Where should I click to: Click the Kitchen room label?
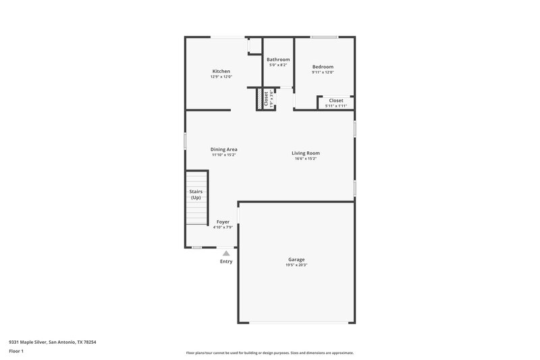coord(221,71)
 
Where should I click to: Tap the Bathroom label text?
coord(278,59)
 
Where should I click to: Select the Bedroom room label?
coord(323,67)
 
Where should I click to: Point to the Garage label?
coord(296,259)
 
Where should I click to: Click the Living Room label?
coord(305,153)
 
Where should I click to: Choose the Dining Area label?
coord(223,149)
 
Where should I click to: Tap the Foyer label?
coord(223,222)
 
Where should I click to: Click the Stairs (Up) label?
coord(196,195)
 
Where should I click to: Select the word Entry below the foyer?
coord(226,261)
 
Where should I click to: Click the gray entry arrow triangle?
coord(226,253)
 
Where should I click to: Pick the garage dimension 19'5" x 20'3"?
coord(296,265)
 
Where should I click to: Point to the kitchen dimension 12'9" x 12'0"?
coord(221,77)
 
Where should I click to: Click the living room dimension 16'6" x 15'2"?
coord(305,159)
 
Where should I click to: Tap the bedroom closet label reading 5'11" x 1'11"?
coord(335,106)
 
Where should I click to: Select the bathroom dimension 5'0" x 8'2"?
coord(278,66)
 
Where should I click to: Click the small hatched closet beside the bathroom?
coord(260,100)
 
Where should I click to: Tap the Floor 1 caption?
coord(16,352)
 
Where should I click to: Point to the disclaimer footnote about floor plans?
coord(269,353)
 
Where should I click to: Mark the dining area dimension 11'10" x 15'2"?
coord(223,155)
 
